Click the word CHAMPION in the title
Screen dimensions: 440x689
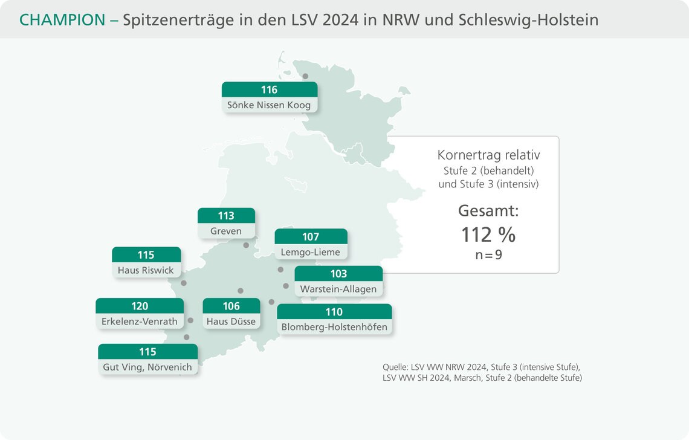62,20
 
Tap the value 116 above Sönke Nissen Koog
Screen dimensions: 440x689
269,89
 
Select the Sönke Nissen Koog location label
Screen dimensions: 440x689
269,105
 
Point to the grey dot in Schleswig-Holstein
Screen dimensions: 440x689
305,76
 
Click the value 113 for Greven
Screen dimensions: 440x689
226,216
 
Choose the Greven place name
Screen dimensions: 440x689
227,231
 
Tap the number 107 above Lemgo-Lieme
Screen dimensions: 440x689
311,236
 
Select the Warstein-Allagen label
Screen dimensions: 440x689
338,289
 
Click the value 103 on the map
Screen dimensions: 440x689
338,274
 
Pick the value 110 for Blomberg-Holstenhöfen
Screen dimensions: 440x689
334,312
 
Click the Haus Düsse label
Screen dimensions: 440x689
231,322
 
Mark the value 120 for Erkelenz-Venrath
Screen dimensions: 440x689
140,306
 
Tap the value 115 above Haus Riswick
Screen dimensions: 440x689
146,254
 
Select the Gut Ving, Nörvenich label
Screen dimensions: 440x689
147,367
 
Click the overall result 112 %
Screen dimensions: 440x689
488,235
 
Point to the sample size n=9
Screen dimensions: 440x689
488,254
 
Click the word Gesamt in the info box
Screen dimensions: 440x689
488,212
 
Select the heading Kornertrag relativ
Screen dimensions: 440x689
488,155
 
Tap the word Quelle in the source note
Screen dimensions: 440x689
395,367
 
